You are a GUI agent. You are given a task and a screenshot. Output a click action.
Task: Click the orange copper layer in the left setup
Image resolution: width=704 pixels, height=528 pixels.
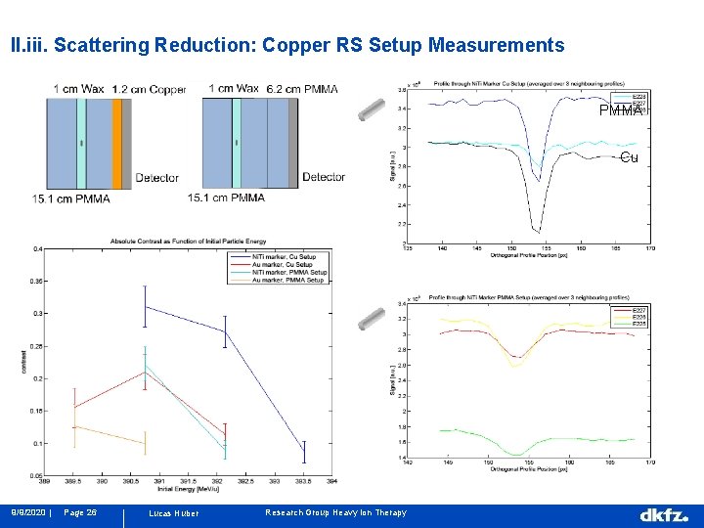point(116,143)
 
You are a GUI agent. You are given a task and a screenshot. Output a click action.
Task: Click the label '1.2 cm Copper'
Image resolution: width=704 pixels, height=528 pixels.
point(149,89)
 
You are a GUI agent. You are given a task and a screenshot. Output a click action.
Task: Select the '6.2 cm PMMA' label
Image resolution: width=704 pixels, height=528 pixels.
point(302,89)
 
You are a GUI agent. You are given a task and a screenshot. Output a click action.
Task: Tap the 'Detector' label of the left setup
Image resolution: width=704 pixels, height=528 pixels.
point(157,178)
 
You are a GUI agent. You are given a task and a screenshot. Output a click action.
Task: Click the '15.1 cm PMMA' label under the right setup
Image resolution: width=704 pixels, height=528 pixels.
point(226,198)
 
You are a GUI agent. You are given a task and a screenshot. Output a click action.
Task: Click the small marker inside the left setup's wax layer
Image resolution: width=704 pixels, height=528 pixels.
point(81,144)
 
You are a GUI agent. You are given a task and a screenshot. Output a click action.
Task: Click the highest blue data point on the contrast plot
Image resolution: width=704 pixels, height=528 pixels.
point(145,307)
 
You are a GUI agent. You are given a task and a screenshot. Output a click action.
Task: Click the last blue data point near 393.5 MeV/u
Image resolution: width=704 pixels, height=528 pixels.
point(304,451)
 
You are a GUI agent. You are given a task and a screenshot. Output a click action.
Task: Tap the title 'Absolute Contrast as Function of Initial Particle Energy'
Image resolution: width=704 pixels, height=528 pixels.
point(181,241)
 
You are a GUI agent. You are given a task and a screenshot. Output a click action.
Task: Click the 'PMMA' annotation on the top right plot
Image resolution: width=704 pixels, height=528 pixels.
point(621,110)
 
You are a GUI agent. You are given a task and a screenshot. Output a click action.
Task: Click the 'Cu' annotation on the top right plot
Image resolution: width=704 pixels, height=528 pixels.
point(629,156)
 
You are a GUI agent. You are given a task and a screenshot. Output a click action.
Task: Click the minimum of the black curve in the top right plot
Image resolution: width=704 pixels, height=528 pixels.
point(536,232)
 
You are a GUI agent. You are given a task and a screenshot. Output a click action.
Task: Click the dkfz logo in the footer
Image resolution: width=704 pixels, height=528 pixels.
point(664,513)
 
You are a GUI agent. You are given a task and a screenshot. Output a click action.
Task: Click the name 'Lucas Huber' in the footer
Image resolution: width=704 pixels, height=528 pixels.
point(173,513)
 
